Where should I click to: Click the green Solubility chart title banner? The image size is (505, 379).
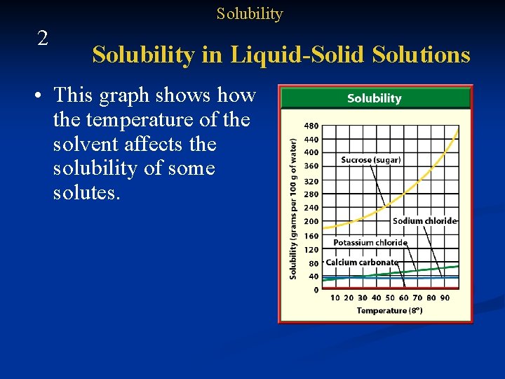point(375,98)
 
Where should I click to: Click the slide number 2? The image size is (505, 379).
point(43,39)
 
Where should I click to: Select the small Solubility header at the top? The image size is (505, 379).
point(249,14)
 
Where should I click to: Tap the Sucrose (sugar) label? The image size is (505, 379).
point(370,160)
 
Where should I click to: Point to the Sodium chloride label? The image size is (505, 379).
point(424,221)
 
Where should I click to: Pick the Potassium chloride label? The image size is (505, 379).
point(370,243)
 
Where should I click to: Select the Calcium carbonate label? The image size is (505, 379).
point(361,262)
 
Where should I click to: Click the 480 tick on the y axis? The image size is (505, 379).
point(311,126)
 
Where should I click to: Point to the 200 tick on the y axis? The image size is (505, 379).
point(311,222)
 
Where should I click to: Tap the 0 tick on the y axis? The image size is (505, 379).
point(316,289)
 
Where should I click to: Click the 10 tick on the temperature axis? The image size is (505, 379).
point(335,298)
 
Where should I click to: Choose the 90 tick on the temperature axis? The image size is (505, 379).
point(445,298)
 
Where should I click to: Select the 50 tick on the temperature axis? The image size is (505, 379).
point(390,298)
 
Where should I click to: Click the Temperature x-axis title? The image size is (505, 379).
point(389,310)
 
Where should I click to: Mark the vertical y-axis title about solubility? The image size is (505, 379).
point(293,208)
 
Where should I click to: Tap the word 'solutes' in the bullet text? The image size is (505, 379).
point(84,193)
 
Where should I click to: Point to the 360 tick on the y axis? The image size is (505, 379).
point(311,166)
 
